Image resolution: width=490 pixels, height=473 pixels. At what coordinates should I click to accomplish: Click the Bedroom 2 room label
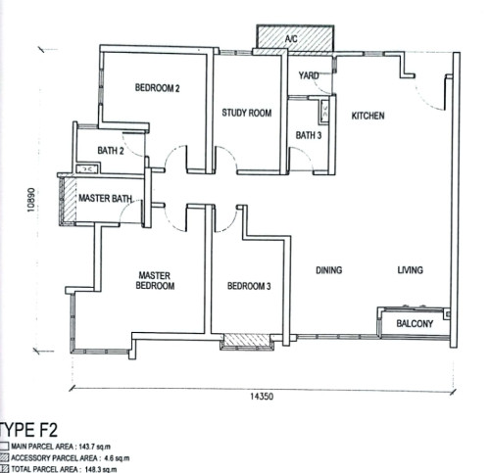(x=158, y=88)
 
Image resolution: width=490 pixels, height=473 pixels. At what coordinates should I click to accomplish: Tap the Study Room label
(x=247, y=113)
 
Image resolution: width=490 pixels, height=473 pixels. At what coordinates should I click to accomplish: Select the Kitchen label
(x=367, y=116)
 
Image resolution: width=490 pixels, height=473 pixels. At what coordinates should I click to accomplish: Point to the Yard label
(x=309, y=75)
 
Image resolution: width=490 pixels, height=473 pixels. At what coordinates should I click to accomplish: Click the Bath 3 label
(x=309, y=135)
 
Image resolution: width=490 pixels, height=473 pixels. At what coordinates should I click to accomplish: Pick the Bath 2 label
(x=111, y=151)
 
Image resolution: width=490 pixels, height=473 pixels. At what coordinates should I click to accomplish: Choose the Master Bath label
(x=105, y=198)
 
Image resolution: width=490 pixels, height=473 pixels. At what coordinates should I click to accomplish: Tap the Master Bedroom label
(x=155, y=281)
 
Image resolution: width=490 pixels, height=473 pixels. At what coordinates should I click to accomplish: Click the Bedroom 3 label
(x=249, y=286)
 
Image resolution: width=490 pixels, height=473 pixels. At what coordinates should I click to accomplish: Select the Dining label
(x=329, y=270)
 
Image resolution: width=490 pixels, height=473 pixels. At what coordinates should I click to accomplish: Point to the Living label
(x=411, y=270)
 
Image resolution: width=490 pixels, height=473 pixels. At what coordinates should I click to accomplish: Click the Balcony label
(x=415, y=323)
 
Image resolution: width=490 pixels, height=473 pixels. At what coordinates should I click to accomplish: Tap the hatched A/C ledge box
(x=295, y=38)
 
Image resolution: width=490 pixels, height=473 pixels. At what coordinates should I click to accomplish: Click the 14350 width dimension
(x=262, y=397)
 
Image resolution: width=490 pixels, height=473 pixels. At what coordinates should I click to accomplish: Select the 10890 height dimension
(x=31, y=200)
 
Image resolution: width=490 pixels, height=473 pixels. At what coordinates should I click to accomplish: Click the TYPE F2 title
(x=28, y=430)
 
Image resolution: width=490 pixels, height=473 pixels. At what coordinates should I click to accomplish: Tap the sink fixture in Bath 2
(x=88, y=169)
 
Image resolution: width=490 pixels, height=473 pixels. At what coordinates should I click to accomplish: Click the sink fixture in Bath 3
(x=325, y=111)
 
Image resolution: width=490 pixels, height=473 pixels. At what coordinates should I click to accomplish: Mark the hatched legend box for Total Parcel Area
(x=5, y=469)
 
